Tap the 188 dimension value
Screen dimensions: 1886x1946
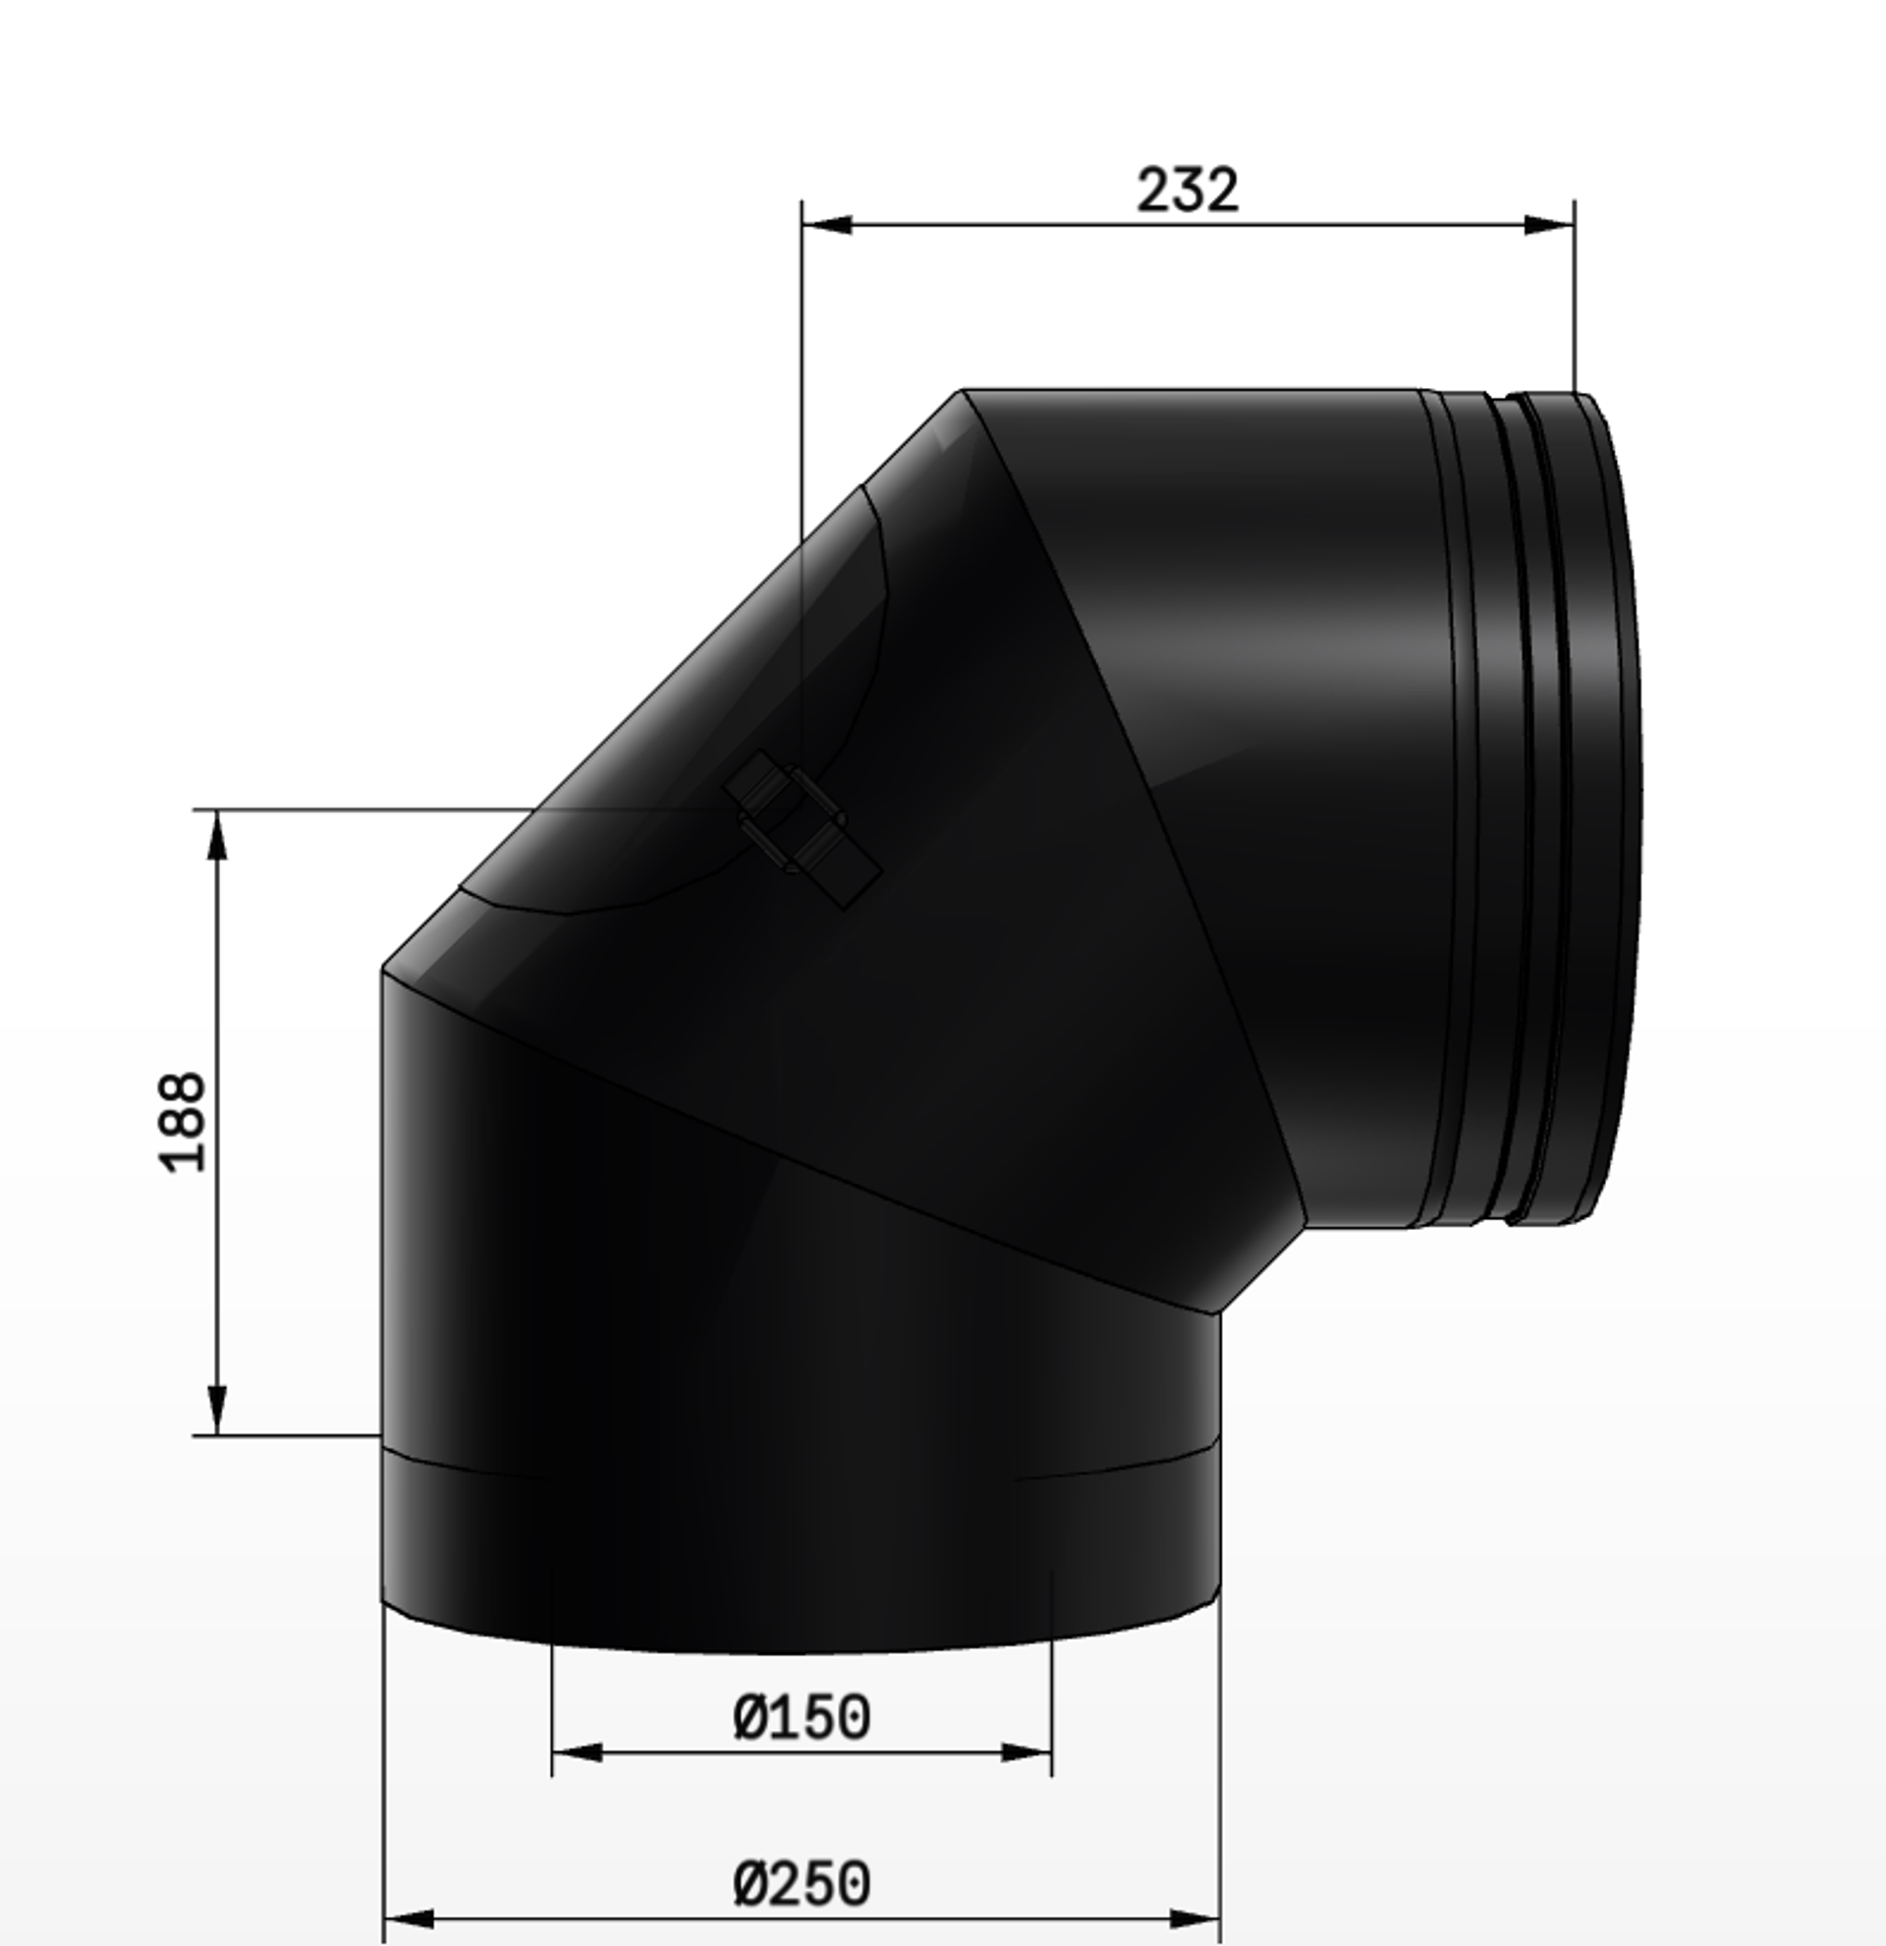183,1121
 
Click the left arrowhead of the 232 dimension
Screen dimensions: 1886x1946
827,224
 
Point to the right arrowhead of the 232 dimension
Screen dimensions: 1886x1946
1549,224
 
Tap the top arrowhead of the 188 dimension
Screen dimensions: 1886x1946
217,835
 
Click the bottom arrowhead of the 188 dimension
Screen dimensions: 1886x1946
217,1410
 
